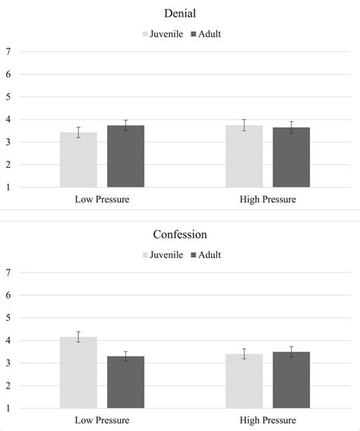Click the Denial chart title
pyautogui.click(x=179, y=14)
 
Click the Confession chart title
pyautogui.click(x=179, y=234)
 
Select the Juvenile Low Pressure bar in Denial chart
pyautogui.click(x=78, y=160)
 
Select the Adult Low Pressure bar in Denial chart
pyautogui.click(x=125, y=156)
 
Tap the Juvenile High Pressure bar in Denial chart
pyautogui.click(x=244, y=156)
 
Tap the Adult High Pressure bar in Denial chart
pyautogui.click(x=291, y=158)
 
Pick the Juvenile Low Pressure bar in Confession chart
pyautogui.click(x=78, y=373)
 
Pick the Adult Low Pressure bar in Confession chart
pyautogui.click(x=125, y=382)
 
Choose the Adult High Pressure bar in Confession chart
pyautogui.click(x=291, y=380)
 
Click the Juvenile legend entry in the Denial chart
pyautogui.click(x=163, y=34)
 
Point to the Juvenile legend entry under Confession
pyautogui.click(x=163, y=255)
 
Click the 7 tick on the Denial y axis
pyautogui.click(x=8, y=52)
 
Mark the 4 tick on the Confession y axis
pyautogui.click(x=8, y=341)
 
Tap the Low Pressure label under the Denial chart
pyautogui.click(x=102, y=200)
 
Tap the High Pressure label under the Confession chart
pyautogui.click(x=267, y=420)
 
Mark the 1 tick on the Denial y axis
pyautogui.click(x=8, y=187)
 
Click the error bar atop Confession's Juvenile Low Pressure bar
pyautogui.click(x=78, y=337)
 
